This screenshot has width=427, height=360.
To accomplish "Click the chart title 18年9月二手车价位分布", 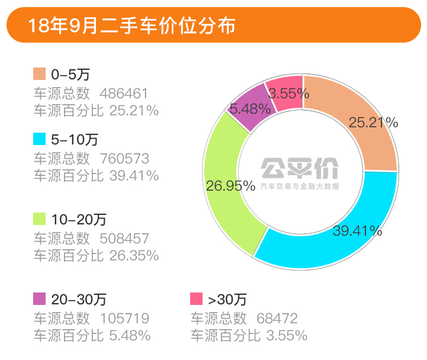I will [x=131, y=25].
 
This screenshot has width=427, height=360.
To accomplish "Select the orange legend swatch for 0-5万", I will [x=39, y=74].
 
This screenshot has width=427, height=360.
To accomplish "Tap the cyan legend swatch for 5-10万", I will [x=39, y=140].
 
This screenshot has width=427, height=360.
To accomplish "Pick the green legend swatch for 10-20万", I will [x=39, y=219].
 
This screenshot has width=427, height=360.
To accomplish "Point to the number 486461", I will [x=124, y=93].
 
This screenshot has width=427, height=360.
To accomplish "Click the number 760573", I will [x=124, y=159].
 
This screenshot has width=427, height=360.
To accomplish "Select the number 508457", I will [x=124, y=238].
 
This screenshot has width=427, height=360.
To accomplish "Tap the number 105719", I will [x=124, y=317].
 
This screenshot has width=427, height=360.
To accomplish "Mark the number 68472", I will [x=277, y=317].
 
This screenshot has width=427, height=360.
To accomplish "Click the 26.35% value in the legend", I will [x=134, y=256].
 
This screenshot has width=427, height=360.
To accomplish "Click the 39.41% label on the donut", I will [x=357, y=230].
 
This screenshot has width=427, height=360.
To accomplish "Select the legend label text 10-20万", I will [x=79, y=220].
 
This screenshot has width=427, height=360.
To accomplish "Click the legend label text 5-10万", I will [x=75, y=140].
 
